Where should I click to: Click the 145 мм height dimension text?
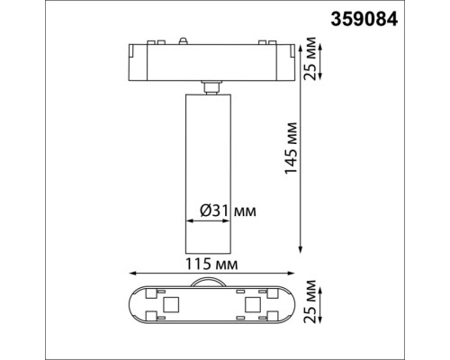click(290, 149)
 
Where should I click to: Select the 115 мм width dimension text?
click(213, 264)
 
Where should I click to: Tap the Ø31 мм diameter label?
click(225, 210)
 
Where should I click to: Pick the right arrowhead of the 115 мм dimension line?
click(293, 274)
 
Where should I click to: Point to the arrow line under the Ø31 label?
click(210, 220)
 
